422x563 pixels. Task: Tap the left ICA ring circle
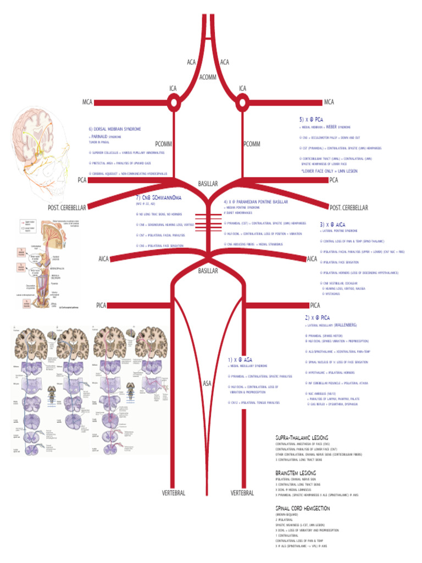(173, 102)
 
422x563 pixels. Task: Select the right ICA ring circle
(242, 102)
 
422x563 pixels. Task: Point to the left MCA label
(87, 102)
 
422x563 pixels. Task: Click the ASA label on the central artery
(208, 383)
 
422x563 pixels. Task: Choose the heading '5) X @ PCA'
(311, 119)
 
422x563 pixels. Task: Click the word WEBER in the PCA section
(331, 126)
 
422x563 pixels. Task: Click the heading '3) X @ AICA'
(332, 224)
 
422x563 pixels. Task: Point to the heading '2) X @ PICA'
(318, 318)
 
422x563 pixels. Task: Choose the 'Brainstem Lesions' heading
(295, 472)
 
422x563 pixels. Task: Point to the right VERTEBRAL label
(242, 493)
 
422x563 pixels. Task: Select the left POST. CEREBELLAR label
(67, 208)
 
